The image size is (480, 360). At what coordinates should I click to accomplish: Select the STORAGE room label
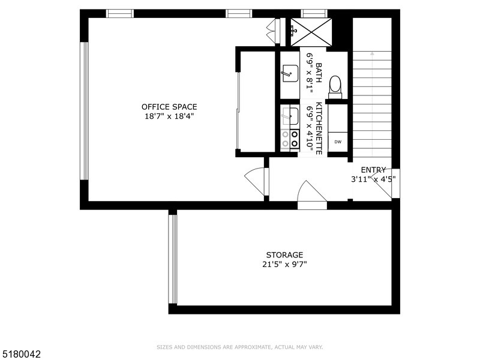click(x=285, y=254)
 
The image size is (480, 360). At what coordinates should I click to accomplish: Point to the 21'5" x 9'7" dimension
click(x=285, y=263)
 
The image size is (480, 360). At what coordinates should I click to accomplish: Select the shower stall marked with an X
click(x=311, y=31)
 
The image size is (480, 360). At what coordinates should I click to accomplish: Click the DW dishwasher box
click(x=338, y=142)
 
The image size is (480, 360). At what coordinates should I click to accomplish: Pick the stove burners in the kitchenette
click(x=290, y=139)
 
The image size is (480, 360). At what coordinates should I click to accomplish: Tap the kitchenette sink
click(x=289, y=115)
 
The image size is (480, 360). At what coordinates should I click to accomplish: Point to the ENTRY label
click(x=373, y=170)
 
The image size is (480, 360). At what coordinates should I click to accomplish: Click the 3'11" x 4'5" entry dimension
click(x=373, y=179)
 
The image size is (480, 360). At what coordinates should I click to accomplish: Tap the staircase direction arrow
click(x=372, y=55)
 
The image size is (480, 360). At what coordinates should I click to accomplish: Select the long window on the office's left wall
click(x=85, y=110)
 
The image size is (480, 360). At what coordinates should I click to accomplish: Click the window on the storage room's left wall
click(x=173, y=259)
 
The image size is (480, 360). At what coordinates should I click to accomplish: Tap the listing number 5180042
click(x=21, y=355)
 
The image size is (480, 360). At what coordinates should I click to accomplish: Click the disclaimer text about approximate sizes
click(x=240, y=347)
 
